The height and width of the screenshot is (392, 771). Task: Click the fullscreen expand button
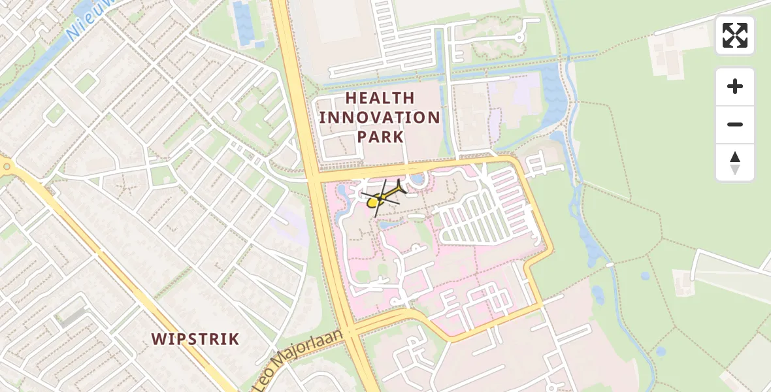pos(735,35)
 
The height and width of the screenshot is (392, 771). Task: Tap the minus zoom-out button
pos(735,124)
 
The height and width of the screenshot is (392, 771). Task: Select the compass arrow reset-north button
pos(735,163)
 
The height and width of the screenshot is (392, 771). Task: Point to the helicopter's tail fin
pos(400,188)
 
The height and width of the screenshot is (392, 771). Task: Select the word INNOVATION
pos(380,118)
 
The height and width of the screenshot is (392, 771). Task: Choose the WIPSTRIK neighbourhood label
pos(195,339)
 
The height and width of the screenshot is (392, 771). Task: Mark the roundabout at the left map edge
pos(5,166)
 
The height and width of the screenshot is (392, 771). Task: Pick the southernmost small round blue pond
pos(661,351)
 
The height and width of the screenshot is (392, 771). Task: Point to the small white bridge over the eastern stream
pos(610,265)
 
